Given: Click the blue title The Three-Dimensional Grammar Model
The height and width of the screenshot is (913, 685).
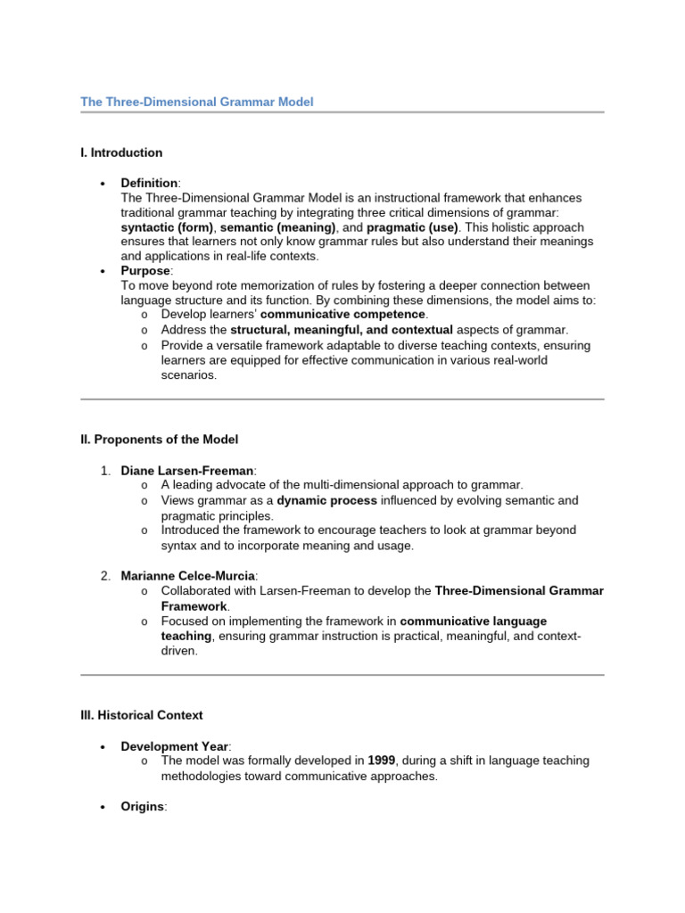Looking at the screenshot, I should point(197,103).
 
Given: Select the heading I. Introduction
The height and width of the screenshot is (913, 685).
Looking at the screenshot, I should point(121,152).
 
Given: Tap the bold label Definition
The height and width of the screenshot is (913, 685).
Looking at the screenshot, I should point(149,183).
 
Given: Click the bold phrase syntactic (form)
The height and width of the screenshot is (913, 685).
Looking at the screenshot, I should point(167,227).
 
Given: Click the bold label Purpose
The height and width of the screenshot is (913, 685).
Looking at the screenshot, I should point(144,271).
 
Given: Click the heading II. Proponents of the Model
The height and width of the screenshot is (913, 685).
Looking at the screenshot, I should point(160,440).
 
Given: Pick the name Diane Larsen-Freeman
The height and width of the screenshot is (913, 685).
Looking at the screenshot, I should point(187,470).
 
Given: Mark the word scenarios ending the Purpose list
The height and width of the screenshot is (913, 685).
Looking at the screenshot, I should point(188,375).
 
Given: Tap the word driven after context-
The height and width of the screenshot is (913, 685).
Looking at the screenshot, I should point(178,651).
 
